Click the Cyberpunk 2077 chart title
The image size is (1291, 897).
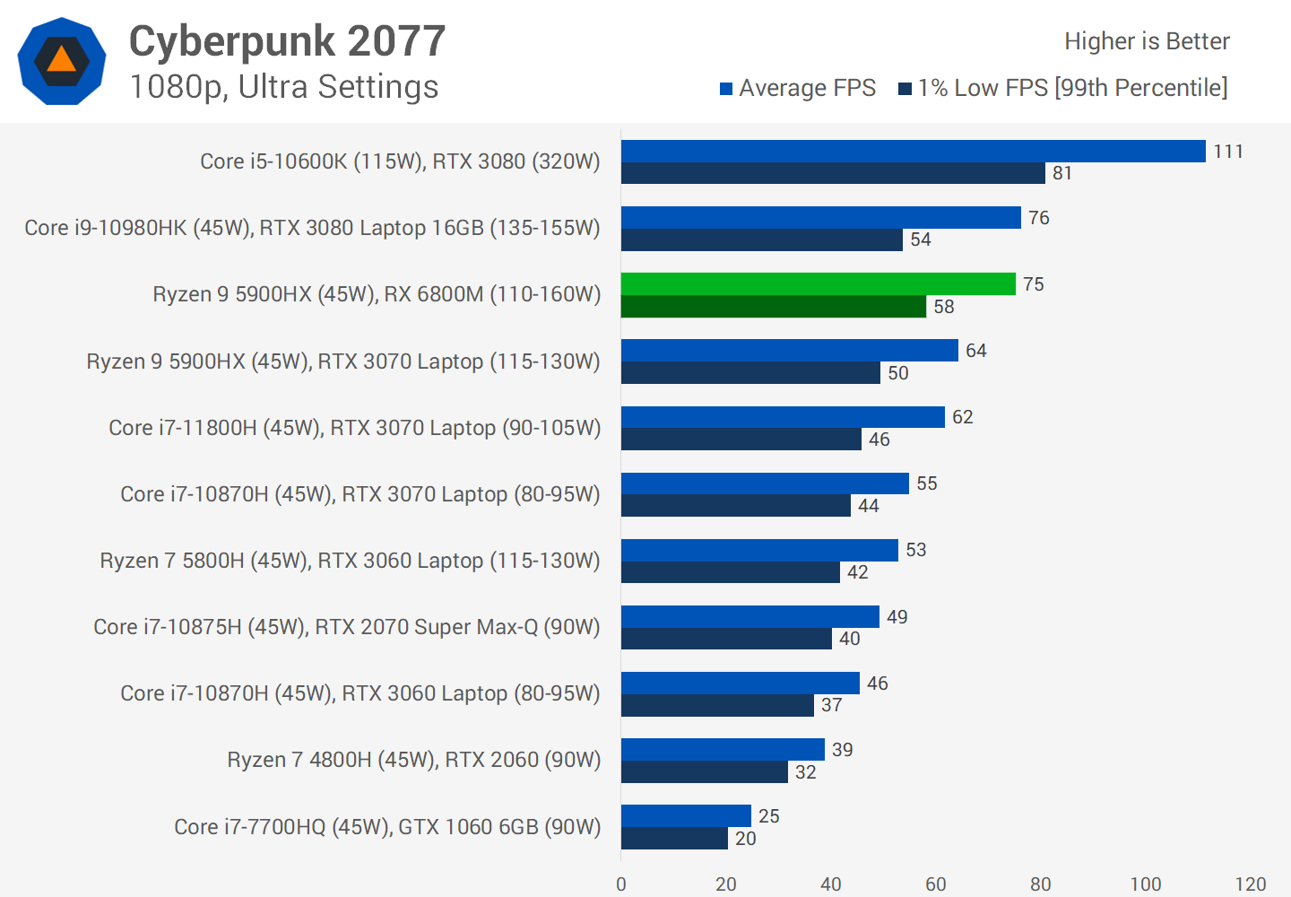(287, 41)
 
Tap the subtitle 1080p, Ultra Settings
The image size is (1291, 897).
(283, 87)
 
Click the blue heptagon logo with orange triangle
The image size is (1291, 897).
(61, 61)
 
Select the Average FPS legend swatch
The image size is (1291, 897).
(726, 89)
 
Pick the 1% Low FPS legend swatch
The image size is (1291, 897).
(905, 89)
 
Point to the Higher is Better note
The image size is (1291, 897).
(1147, 41)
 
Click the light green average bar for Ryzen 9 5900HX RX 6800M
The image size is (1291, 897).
(818, 284)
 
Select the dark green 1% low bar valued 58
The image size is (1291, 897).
(773, 307)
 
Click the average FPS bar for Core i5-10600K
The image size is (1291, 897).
(913, 152)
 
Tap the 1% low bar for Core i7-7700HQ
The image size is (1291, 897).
(674, 839)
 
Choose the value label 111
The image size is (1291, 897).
(1228, 152)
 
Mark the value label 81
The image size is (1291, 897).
(1062, 173)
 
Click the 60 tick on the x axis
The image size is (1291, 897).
(936, 884)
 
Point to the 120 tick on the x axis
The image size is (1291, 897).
(1251, 884)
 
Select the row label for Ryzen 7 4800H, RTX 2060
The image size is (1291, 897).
(413, 760)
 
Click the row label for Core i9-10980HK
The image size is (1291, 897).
(312, 228)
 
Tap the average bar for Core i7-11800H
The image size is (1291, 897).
(783, 417)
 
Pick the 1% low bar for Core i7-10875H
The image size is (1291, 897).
(726, 639)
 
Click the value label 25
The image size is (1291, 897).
(769, 816)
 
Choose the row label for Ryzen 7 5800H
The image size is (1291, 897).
(350, 561)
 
